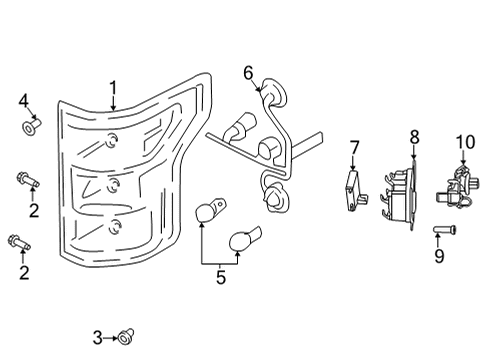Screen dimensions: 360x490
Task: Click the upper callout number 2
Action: tap(33, 210)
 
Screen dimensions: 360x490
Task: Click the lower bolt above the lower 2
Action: tap(20, 240)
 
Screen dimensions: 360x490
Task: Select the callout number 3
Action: tap(97, 337)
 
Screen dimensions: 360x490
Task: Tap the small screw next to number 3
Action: tap(127, 337)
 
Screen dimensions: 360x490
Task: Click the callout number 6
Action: tap(248, 72)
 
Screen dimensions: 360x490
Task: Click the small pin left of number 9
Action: tap(441, 231)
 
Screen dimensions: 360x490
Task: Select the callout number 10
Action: tap(464, 141)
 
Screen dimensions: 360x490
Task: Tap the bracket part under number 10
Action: tap(461, 188)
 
